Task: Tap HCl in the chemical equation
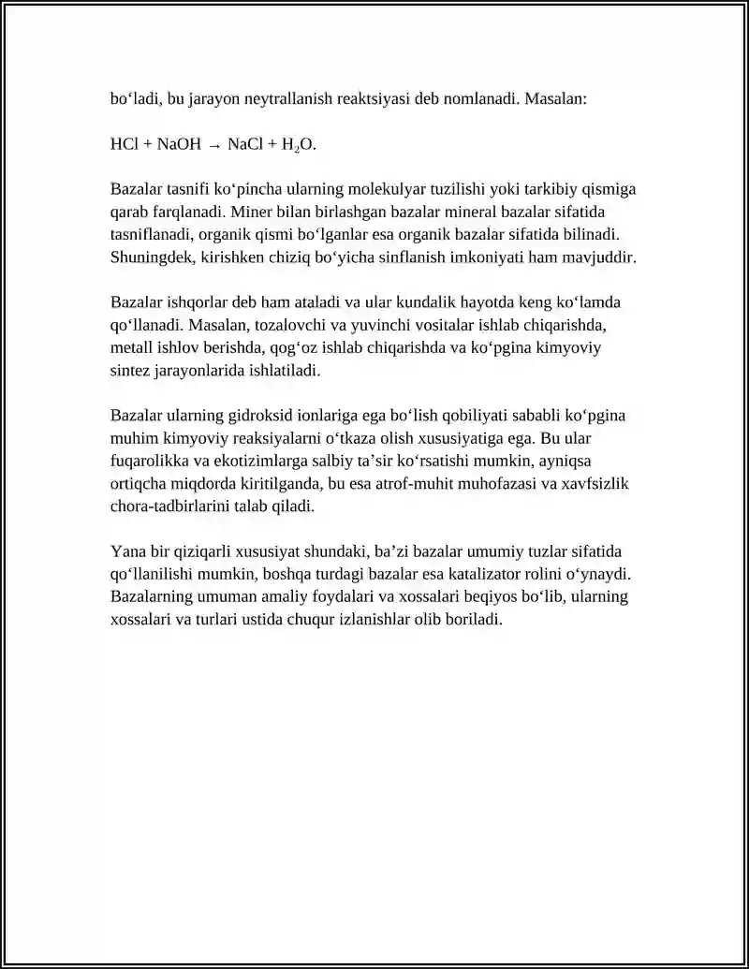click(x=125, y=144)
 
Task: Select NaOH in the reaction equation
click(x=179, y=144)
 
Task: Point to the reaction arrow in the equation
click(x=215, y=145)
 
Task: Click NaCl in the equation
click(x=244, y=144)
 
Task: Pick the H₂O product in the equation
click(x=299, y=145)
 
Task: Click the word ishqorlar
click(x=198, y=303)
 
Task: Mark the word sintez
click(x=130, y=371)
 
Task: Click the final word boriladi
click(x=473, y=620)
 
